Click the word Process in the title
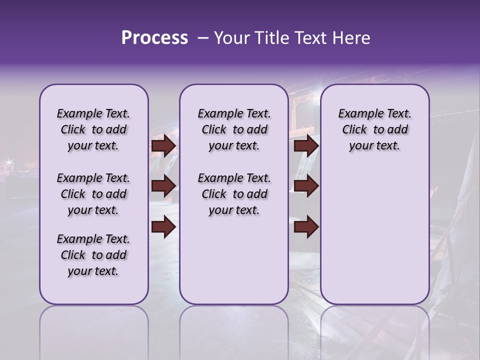click(154, 38)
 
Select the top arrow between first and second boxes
click(163, 146)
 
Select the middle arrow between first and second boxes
click(163, 186)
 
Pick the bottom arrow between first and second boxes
click(163, 227)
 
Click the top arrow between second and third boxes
click(306, 146)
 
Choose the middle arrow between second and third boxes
click(306, 186)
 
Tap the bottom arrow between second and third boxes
click(306, 227)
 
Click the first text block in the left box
click(93, 130)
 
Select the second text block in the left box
click(93, 194)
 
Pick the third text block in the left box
click(93, 255)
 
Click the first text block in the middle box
click(234, 130)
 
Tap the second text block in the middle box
click(234, 194)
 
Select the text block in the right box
click(375, 130)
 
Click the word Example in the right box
click(357, 114)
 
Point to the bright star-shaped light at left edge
click(8, 161)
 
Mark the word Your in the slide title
click(230, 38)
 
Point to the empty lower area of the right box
click(375, 235)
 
